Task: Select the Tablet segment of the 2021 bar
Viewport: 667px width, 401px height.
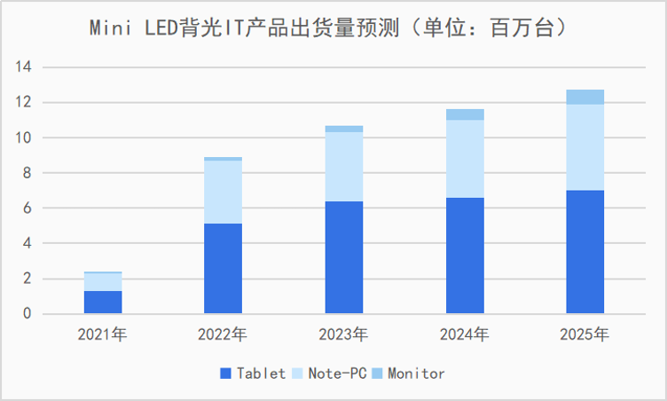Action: click(103, 302)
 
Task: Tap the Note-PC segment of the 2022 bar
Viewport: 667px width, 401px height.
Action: click(223, 192)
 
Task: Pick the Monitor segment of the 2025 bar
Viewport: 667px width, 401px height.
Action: click(585, 97)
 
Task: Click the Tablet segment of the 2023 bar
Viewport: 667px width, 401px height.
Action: click(343, 257)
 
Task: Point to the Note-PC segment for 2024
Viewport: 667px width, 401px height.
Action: click(465, 159)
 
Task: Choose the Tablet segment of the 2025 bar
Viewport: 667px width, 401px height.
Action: click(585, 252)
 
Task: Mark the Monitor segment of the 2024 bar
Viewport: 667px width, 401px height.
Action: click(465, 114)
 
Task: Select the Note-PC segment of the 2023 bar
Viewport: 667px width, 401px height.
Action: click(343, 167)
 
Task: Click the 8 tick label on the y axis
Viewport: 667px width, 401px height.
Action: click(27, 173)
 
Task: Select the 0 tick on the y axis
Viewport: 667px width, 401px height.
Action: click(27, 314)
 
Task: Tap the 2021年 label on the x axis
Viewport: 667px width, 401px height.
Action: click(102, 334)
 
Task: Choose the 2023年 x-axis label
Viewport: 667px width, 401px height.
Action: click(343, 334)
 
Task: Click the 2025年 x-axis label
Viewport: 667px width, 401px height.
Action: click(585, 334)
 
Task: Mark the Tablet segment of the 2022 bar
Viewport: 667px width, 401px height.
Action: click(223, 269)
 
